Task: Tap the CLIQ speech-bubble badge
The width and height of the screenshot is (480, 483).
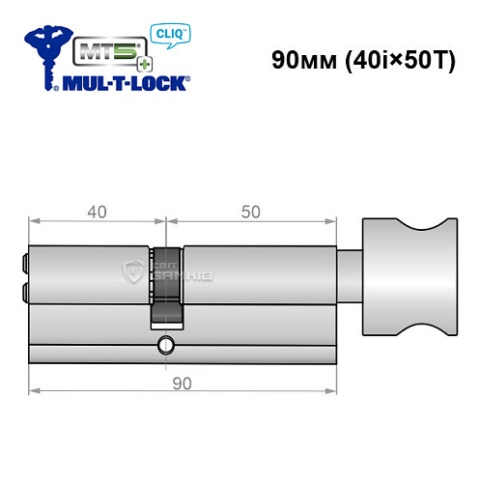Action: (169, 36)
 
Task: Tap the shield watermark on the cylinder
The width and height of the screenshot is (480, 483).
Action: (133, 273)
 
